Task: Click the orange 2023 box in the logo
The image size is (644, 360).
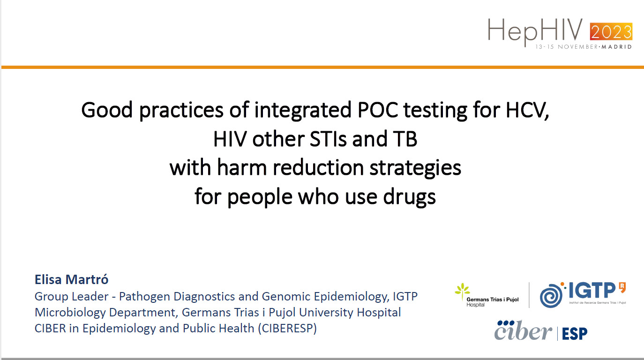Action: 611,31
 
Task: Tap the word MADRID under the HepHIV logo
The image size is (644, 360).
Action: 616,46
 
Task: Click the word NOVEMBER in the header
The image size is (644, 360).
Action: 578,46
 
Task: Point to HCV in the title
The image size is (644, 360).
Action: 527,111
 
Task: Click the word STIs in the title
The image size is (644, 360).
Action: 328,139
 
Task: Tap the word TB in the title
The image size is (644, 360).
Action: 405,139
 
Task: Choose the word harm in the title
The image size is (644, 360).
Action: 242,167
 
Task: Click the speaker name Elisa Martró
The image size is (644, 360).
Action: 71,279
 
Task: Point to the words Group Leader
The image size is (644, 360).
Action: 71,296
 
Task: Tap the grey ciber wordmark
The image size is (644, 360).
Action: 523,330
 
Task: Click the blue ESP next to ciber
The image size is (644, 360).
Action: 575,334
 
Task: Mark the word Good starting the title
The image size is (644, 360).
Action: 107,110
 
